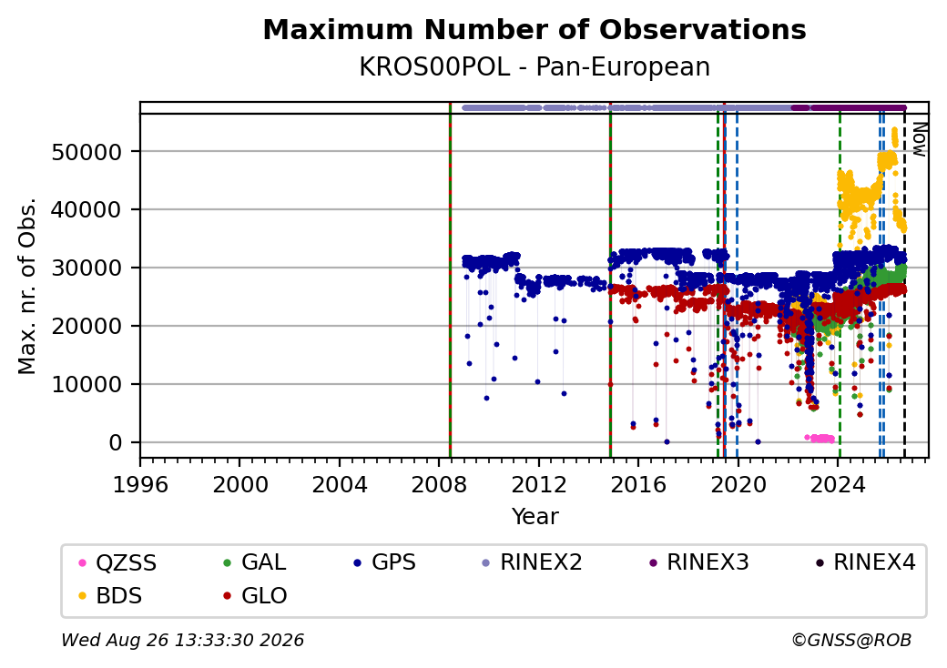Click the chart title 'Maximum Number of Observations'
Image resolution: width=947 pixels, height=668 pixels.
pos(535,29)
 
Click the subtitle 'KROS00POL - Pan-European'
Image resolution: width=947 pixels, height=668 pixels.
pos(535,67)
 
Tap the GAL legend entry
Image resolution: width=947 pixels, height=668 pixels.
pos(254,562)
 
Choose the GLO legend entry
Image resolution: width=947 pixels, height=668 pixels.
pos(255,596)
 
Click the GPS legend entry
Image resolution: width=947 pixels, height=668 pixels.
pos(384,562)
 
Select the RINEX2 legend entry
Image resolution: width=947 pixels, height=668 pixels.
pos(532,562)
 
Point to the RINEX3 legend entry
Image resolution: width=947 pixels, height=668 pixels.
pos(698,562)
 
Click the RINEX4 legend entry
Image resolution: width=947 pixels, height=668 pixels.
pos(865,562)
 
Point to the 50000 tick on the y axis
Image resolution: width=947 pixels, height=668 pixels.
pos(87,152)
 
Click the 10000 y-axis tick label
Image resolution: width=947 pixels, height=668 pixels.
pos(87,384)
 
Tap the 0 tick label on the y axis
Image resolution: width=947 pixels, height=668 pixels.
pos(116,443)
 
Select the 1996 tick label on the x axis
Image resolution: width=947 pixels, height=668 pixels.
pos(140,484)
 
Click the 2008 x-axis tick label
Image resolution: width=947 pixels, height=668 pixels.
pos(439,484)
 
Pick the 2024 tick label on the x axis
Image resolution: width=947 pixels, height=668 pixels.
pos(838,484)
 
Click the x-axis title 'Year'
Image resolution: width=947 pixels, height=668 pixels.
pos(535,517)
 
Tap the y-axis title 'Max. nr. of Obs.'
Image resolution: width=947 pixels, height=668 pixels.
pos(27,286)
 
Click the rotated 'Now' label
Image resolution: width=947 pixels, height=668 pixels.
pos(919,139)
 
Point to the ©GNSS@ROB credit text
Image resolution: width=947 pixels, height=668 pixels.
pos(851,640)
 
